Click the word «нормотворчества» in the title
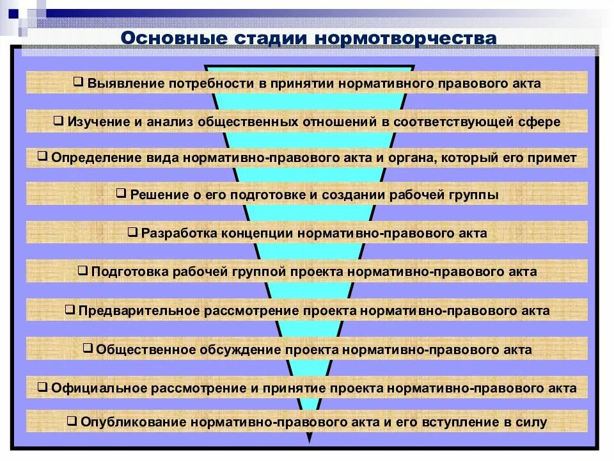pos(404,38)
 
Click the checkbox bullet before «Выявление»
pos(78,83)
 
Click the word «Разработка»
pos(178,233)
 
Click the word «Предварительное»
pos(139,311)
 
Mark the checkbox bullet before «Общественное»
pos(88,349)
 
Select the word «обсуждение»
pos(243,350)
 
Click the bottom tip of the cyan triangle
pos(310,442)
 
